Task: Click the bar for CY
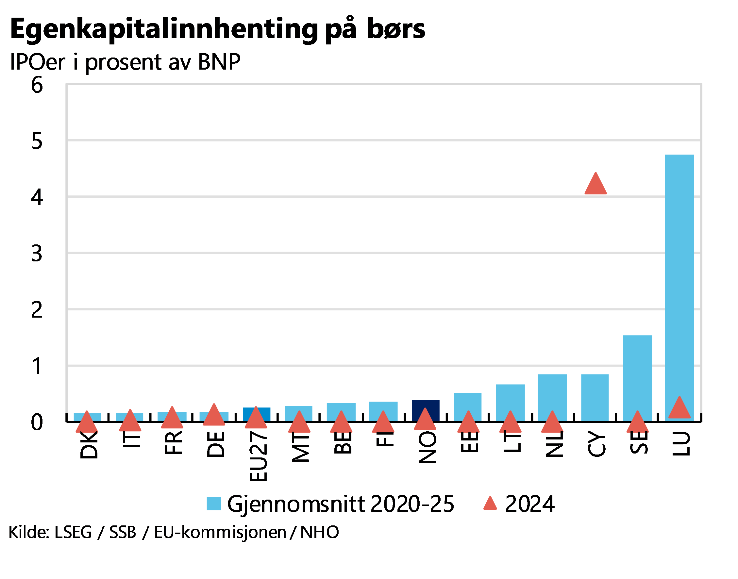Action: click(595, 397)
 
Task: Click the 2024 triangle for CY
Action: click(595, 185)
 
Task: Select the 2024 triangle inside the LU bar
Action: click(679, 408)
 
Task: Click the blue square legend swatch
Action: click(214, 504)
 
